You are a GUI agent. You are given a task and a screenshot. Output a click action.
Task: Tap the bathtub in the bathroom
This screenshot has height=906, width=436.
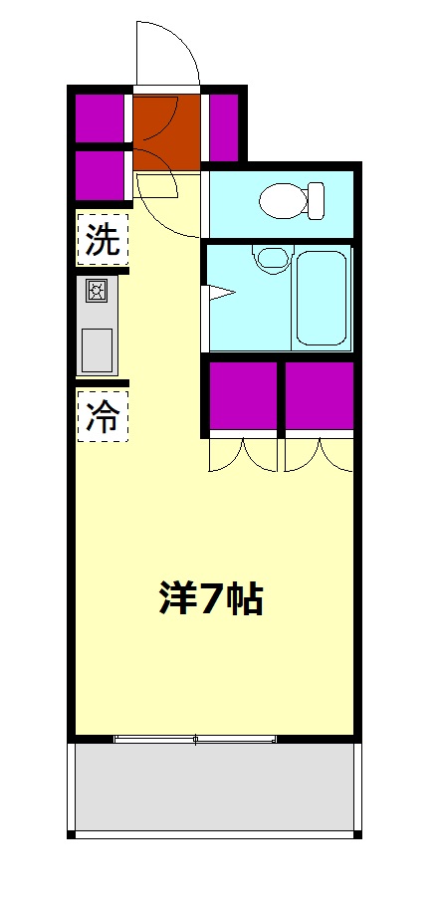[321, 296]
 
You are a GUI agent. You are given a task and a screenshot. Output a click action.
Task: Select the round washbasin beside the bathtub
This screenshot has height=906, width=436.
[268, 260]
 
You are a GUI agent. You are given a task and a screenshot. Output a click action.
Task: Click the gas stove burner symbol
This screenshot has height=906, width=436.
[98, 291]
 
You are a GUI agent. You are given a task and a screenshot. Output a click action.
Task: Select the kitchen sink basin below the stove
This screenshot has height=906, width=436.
[98, 348]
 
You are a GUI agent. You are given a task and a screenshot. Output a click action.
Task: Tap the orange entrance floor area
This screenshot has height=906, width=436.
[166, 129]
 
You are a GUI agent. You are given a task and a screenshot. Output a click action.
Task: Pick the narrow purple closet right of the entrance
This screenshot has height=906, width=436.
[224, 124]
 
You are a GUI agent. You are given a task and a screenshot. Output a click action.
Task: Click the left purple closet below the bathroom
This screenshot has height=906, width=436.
[242, 395]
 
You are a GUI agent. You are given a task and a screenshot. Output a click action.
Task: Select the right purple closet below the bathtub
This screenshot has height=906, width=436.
[319, 395]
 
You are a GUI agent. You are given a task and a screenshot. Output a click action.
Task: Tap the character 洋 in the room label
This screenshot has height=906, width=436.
[176, 597]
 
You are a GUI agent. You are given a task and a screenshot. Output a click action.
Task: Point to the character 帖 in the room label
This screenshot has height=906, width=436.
[243, 597]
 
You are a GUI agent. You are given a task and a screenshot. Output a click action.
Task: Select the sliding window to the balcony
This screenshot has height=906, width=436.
[195, 739]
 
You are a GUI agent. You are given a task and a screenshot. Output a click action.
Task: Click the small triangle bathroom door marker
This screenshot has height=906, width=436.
[220, 293]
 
